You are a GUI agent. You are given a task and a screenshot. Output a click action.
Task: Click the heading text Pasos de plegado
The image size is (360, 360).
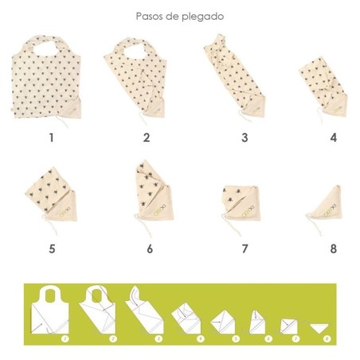(x=179, y=15)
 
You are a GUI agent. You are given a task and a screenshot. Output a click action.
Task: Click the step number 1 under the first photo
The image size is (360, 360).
(x=51, y=137)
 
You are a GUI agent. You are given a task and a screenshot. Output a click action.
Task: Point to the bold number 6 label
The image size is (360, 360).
(x=147, y=248)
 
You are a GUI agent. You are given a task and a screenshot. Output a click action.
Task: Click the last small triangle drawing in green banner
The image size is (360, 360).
(x=321, y=328)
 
